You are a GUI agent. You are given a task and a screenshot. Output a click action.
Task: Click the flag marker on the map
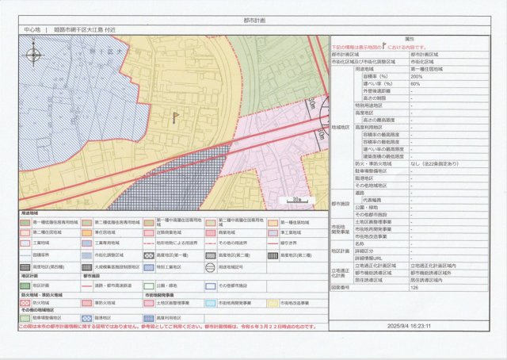tap(176, 117)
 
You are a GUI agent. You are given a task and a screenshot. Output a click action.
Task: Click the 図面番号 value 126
tap(414, 288)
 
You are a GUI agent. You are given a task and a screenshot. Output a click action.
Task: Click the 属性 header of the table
tap(410, 38)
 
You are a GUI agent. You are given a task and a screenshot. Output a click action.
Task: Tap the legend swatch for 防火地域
tap(26, 302)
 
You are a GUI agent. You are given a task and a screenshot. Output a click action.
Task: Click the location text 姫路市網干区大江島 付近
tap(82, 29)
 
